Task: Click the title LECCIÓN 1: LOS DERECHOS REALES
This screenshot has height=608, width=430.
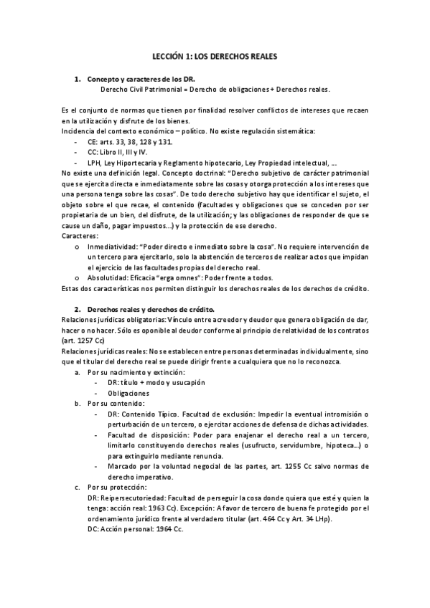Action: pos(215,54)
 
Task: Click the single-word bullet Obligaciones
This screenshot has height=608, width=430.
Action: pos(128,393)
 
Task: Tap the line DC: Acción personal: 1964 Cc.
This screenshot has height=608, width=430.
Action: pos(134,529)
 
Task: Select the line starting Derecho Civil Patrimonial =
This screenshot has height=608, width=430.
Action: pos(215,90)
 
